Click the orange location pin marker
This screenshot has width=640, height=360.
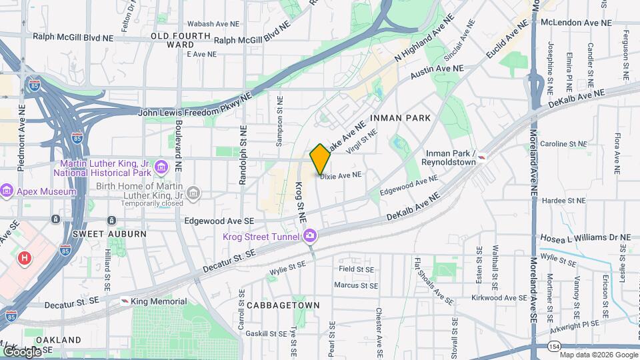[x=320, y=159]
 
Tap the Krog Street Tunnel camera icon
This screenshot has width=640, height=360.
[x=310, y=236]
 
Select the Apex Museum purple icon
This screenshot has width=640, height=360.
[x=7, y=191]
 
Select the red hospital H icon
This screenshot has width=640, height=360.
[x=25, y=257]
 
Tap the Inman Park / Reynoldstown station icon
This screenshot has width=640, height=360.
[x=482, y=157]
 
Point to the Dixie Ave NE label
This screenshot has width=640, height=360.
[x=341, y=176]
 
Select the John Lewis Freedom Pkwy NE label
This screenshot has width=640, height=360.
[x=195, y=112]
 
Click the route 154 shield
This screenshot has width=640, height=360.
[x=555, y=347]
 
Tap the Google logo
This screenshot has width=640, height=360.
[x=22, y=351]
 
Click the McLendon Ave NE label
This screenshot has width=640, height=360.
[x=576, y=22]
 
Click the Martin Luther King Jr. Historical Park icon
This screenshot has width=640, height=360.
[x=160, y=166]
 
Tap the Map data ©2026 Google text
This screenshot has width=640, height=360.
[x=596, y=353]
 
